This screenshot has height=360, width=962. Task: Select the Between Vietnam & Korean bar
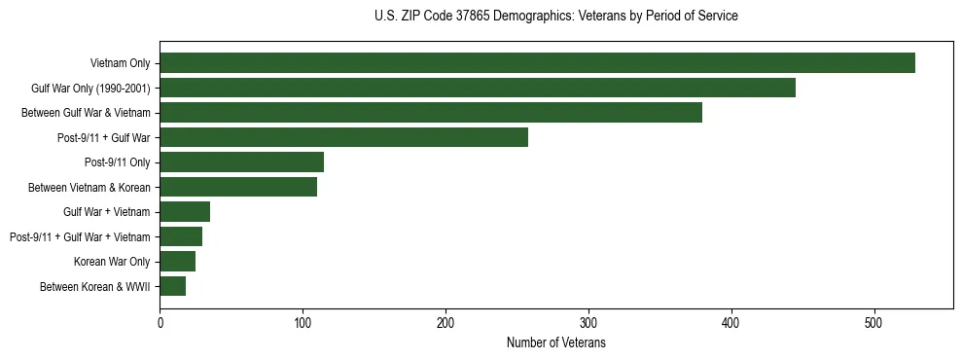[x=238, y=187]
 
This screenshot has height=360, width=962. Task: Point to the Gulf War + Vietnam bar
[x=185, y=212]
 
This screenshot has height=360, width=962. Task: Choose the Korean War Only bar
[x=177, y=262]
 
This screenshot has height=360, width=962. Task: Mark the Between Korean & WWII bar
[x=172, y=286]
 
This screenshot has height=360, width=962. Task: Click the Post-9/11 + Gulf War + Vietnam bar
[x=181, y=236]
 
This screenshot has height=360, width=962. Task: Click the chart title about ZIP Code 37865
[x=555, y=17]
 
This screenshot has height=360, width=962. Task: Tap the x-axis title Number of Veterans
[x=555, y=342]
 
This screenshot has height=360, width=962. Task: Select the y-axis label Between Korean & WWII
[x=94, y=286]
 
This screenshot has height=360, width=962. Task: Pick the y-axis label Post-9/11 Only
[x=117, y=162]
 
